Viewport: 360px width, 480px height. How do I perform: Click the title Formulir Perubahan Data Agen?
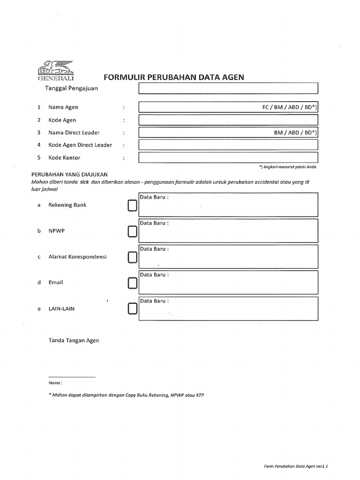pyautogui.click(x=173, y=77)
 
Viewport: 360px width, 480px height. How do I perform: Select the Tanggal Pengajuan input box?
pyautogui.click(x=228, y=88)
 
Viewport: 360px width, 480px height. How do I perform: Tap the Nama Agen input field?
pyautogui.click(x=197, y=107)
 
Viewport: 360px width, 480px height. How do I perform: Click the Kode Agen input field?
pyautogui.click(x=228, y=120)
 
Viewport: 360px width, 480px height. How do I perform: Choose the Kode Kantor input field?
pyautogui.click(x=228, y=157)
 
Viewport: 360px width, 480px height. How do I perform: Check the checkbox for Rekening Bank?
pyautogui.click(x=132, y=206)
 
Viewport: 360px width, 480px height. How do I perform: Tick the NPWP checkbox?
pyautogui.click(x=132, y=232)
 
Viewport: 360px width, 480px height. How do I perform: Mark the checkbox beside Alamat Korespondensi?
pyautogui.click(x=132, y=257)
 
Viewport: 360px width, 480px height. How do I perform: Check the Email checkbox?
pyautogui.click(x=132, y=283)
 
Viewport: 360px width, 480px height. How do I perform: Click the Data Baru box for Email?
pyautogui.click(x=228, y=282)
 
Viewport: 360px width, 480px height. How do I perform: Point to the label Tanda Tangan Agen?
pyautogui.click(x=74, y=340)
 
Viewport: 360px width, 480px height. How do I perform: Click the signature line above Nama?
pyautogui.click(x=72, y=376)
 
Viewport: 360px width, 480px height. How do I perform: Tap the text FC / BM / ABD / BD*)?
pyautogui.click(x=289, y=107)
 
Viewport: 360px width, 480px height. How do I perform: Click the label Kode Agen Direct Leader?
pyautogui.click(x=80, y=145)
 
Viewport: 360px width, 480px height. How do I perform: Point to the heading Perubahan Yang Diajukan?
pyautogui.click(x=69, y=173)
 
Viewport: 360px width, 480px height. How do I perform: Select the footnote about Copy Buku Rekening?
pyautogui.click(x=126, y=395)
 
